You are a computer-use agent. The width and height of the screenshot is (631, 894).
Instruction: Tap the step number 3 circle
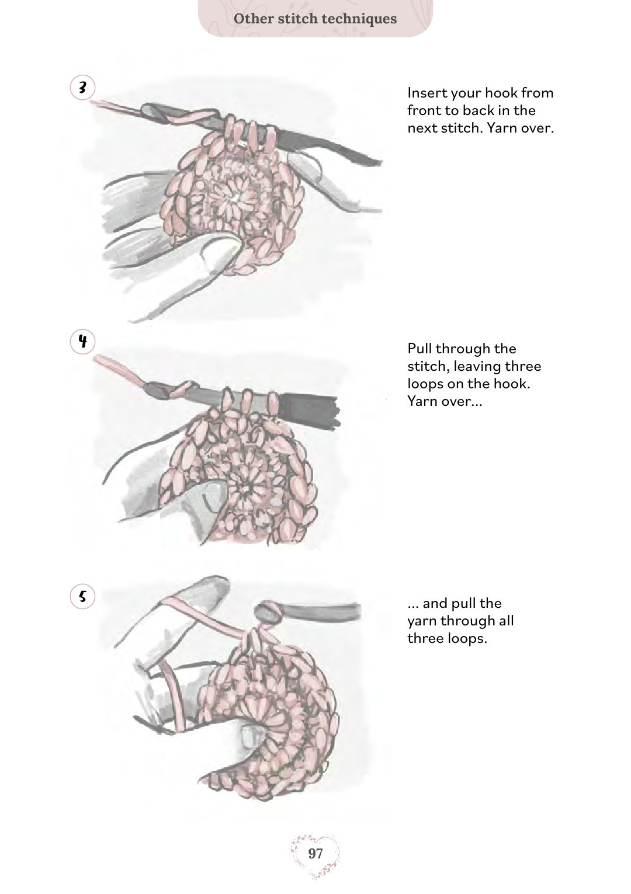click(82, 87)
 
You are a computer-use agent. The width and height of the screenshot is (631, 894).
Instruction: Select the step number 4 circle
click(82, 342)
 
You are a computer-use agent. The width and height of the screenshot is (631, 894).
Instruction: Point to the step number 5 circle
click(82, 597)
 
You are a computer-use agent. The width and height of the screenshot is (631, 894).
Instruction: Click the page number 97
click(315, 853)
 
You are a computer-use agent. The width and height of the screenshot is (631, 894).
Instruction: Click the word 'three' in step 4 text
click(523, 366)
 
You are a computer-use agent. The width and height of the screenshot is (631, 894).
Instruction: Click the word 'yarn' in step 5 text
click(422, 621)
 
